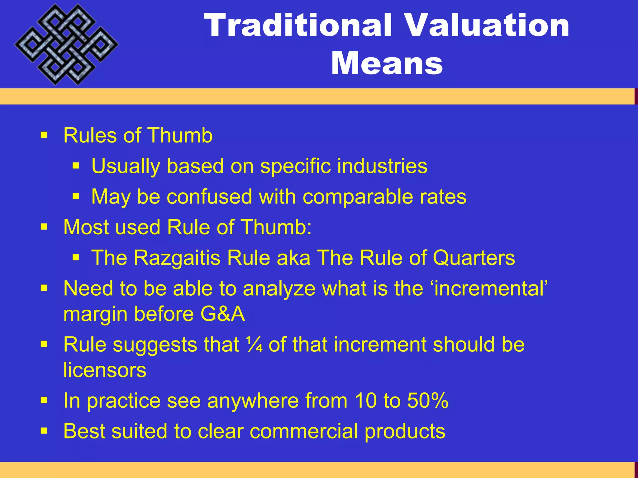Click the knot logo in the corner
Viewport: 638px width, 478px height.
pos(66,45)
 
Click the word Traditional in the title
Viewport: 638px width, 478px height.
pos(298,26)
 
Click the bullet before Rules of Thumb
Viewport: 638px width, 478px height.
pos(44,135)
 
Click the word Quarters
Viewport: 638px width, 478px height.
pos(474,258)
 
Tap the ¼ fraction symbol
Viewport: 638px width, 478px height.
pos(254,344)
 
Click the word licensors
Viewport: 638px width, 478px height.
pos(105,370)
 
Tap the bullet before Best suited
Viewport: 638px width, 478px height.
pos(44,431)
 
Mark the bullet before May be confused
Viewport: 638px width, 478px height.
pos(76,196)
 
